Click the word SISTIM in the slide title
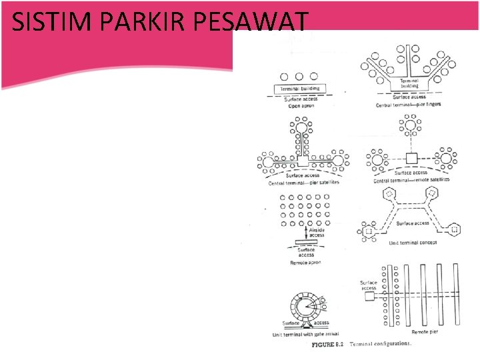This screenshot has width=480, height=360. (48, 23)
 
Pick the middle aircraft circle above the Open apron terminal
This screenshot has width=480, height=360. (299, 77)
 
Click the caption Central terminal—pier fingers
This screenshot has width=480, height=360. (408, 105)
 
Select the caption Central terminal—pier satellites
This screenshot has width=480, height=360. (304, 182)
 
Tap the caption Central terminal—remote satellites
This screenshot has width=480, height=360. (412, 179)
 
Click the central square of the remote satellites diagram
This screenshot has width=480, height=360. (411, 159)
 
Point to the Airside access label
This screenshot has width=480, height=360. (317, 233)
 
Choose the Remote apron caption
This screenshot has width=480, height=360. (306, 263)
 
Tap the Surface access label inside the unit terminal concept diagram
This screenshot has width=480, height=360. (413, 223)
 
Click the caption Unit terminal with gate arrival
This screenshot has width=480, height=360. (306, 334)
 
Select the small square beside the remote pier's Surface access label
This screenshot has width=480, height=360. (369, 296)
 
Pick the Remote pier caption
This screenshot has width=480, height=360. (424, 331)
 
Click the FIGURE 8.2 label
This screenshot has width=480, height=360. (329, 345)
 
